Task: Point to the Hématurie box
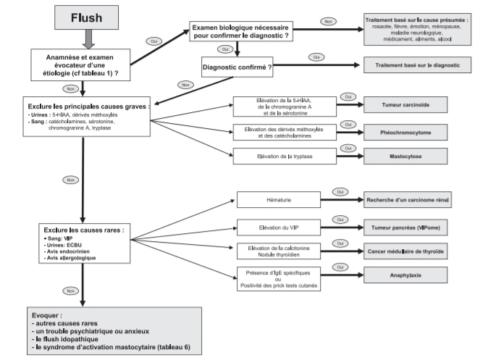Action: [x=278, y=198]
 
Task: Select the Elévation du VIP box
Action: [x=278, y=227]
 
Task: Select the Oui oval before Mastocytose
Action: [x=347, y=148]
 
